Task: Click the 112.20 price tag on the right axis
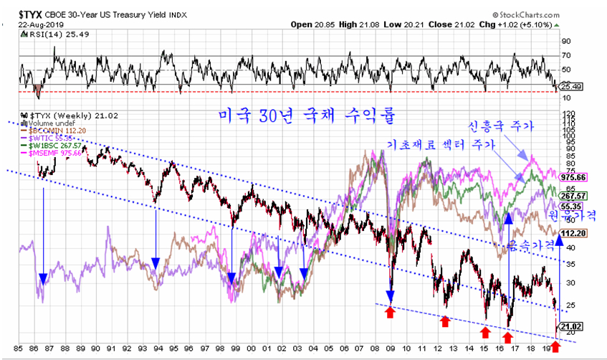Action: click(573, 233)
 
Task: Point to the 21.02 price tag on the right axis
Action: click(572, 326)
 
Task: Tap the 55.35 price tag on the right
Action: click(572, 206)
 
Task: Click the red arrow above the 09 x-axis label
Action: click(391, 312)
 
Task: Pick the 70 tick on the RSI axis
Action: click(565, 55)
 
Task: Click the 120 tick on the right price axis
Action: click(568, 114)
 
